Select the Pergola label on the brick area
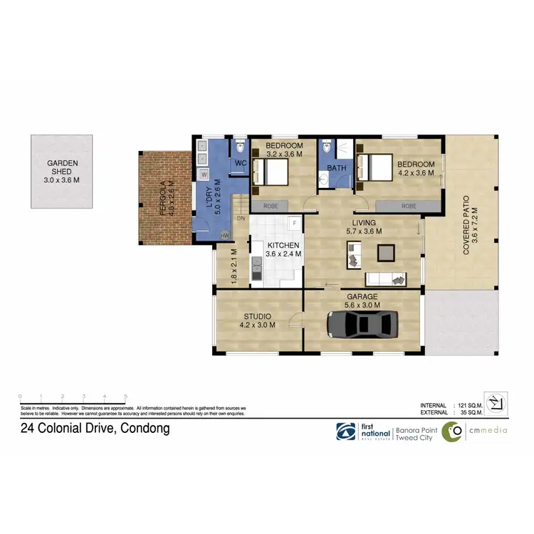pos(163,199)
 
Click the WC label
pos(239,162)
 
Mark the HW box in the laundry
pos(225,236)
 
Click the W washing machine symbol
pos(204,174)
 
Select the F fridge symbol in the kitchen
pos(293,223)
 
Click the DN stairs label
pos(241,218)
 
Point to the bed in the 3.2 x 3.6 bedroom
pos(271,172)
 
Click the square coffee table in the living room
pos(387,253)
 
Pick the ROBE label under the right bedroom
pos(408,206)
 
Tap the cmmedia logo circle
pos(451,431)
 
